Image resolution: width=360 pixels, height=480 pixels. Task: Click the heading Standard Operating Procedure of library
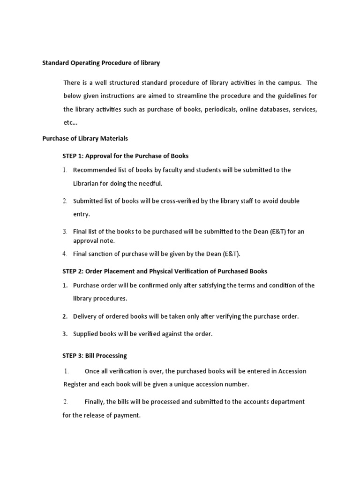coord(101,62)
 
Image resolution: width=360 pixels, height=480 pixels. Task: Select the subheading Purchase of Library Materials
coord(85,139)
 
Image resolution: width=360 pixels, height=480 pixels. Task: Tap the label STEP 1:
coord(75,156)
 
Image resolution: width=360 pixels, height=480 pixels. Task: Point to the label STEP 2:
coord(75,271)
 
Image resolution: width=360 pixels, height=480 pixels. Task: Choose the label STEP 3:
coord(75,356)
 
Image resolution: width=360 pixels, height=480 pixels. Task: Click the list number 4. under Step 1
coord(65,254)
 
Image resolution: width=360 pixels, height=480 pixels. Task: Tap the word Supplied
coord(86,334)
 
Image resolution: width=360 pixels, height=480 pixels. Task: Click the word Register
coord(76,384)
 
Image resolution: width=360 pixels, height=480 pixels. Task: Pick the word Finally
coord(95,402)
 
